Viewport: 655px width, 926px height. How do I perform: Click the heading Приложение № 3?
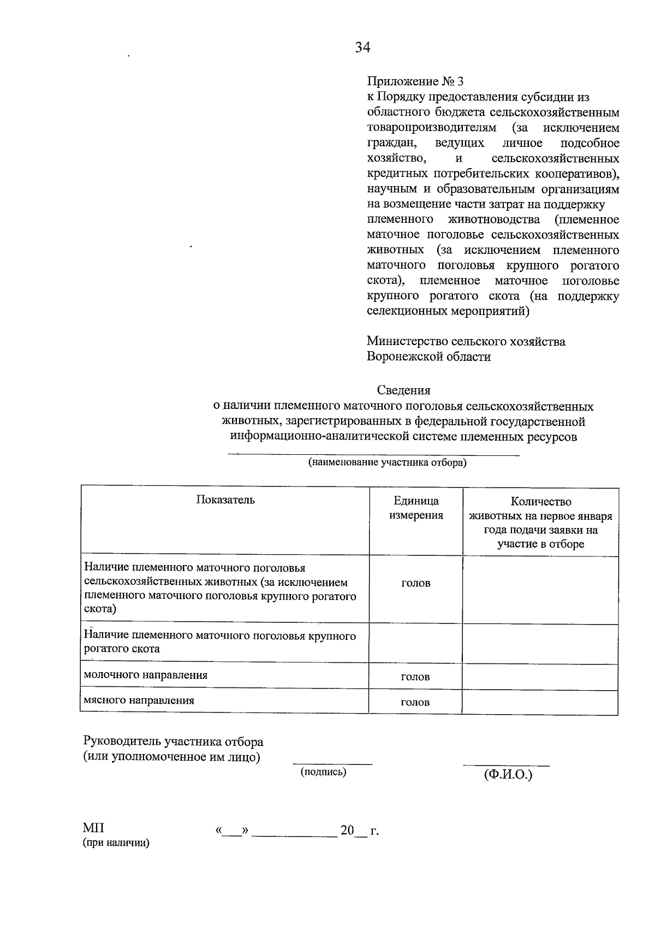415,82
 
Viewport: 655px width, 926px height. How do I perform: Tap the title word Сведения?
403,390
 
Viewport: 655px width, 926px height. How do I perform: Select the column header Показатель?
225,500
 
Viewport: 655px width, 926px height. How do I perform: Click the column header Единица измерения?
416,508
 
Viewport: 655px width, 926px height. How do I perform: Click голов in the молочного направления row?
415,677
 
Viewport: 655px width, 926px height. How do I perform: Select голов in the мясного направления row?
415,703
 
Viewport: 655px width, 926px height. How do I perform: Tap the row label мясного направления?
139,701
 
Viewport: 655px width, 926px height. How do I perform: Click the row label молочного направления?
145,675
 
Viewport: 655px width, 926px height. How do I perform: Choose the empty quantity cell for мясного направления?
540,702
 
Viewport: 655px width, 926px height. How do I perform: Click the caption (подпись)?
323,771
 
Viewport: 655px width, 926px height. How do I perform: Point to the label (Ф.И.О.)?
508,774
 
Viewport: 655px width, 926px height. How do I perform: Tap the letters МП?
93,827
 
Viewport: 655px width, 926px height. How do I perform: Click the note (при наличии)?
116,842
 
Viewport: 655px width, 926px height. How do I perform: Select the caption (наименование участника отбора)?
388,463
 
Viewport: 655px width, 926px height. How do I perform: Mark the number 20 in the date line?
347,831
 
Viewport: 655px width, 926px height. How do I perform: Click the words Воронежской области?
428,357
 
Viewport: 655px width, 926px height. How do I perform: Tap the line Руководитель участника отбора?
173,741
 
